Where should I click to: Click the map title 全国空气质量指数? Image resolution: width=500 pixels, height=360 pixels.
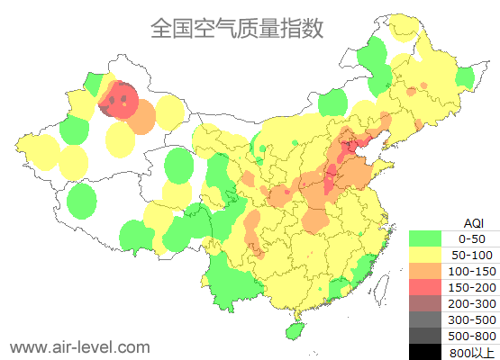click(237, 28)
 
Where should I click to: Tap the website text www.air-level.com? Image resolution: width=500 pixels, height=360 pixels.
click(79, 346)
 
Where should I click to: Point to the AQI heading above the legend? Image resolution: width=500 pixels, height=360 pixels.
click(472, 222)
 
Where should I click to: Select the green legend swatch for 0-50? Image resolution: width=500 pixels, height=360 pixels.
click(424, 238)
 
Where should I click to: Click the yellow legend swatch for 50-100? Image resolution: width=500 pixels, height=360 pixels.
click(424, 255)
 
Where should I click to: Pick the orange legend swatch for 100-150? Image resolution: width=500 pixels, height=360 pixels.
click(424, 271)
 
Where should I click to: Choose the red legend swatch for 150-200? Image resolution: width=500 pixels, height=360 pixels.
click(424, 287)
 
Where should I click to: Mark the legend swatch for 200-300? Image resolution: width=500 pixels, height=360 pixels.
click(424, 303)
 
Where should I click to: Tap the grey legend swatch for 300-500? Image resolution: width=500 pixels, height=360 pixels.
click(424, 319)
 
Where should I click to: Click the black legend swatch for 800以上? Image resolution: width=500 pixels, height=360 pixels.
click(424, 351)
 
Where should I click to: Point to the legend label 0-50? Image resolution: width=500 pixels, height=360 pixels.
click(472, 238)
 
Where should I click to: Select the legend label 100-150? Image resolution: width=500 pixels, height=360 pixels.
click(472, 271)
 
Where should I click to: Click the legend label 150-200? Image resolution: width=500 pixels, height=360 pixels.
click(472, 287)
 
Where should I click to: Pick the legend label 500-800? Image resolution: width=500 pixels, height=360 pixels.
click(472, 336)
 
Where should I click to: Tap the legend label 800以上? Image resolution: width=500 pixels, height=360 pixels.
click(472, 351)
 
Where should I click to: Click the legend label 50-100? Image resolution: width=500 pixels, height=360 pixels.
click(472, 255)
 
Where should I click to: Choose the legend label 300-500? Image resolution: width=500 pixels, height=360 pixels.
click(472, 319)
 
